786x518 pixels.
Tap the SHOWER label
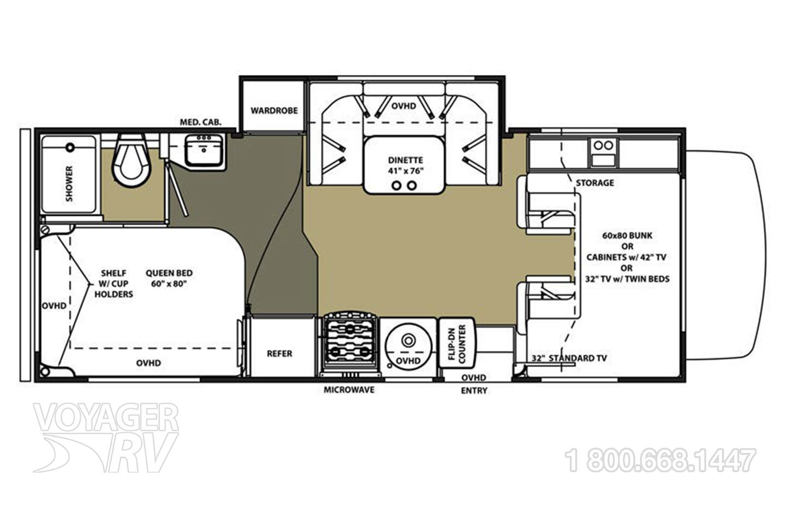pyautogui.click(x=69, y=184)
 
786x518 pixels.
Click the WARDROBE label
pyautogui.click(x=274, y=110)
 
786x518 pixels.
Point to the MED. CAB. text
pyautogui.click(x=201, y=122)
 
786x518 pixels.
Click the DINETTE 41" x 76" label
pyautogui.click(x=406, y=166)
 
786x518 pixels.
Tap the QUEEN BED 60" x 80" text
pyautogui.click(x=169, y=278)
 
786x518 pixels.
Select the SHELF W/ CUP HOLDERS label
pyautogui.click(x=114, y=284)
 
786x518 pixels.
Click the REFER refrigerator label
pyautogui.click(x=279, y=354)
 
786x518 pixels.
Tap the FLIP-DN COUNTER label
pyautogui.click(x=456, y=345)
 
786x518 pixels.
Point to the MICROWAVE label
pyautogui.click(x=349, y=390)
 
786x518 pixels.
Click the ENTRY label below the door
pyautogui.click(x=474, y=391)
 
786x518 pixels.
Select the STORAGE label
pyautogui.click(x=595, y=183)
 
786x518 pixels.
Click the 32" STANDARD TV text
pyautogui.click(x=569, y=358)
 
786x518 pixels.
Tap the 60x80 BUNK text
pyautogui.click(x=627, y=236)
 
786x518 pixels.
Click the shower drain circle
pyautogui.click(x=70, y=146)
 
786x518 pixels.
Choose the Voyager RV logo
pyautogui.click(x=106, y=438)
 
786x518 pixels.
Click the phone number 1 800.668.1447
pyautogui.click(x=660, y=460)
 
